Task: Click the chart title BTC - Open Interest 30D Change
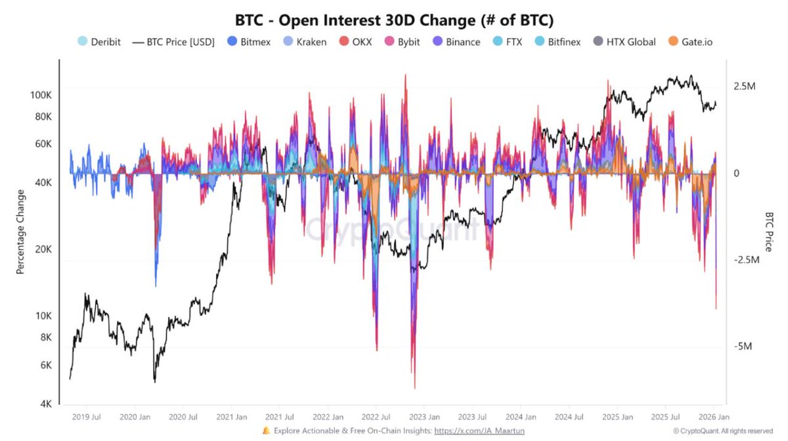tap(394, 20)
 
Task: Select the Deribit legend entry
tap(98, 42)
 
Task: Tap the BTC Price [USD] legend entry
tap(173, 42)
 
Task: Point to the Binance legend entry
tap(456, 42)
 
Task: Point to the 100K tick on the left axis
tap(41, 95)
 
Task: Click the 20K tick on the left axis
tap(43, 249)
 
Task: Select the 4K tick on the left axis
tap(45, 404)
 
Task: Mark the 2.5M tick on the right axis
tap(745, 87)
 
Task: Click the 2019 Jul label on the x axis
tap(86, 417)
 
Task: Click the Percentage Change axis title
tap(20, 232)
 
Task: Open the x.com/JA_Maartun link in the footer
tap(479, 431)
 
